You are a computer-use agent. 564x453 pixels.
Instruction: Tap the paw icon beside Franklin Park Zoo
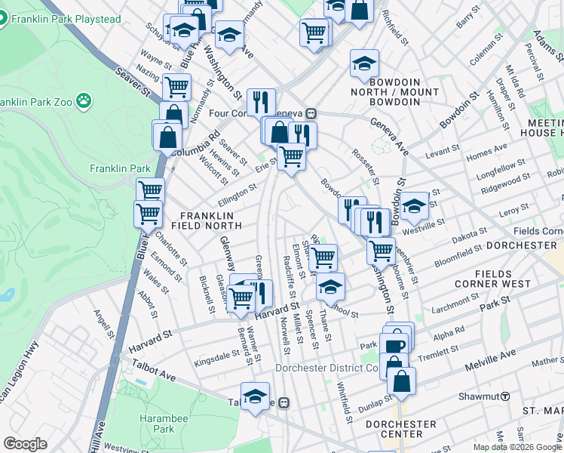83,100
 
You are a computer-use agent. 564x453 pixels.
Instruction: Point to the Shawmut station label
479,396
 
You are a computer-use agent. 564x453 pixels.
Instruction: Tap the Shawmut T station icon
505,396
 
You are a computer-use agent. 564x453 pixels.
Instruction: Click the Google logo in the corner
25,444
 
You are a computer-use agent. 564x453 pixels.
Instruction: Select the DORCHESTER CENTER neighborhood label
401,429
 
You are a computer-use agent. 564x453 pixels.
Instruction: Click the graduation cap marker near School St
330,287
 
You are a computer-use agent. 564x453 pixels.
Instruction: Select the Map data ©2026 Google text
517,447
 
